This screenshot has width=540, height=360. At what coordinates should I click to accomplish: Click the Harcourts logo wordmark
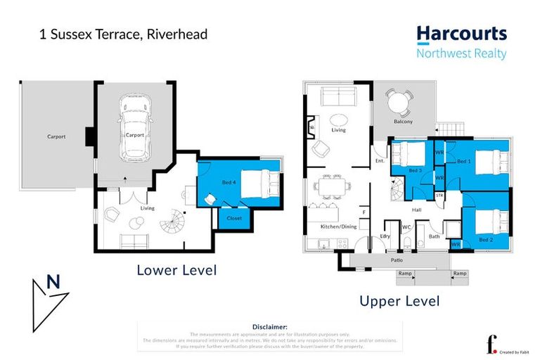461,34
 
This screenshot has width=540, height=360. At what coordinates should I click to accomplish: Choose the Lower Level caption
176,269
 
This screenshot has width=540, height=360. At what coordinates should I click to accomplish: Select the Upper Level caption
400,301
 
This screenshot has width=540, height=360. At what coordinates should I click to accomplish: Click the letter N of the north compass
52,282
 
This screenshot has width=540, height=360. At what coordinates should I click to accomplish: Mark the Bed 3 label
414,170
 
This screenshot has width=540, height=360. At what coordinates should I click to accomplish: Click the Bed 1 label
463,162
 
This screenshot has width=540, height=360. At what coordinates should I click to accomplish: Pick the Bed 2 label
486,240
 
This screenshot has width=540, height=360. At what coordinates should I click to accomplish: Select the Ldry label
385,236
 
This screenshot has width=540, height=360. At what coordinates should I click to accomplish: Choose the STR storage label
439,195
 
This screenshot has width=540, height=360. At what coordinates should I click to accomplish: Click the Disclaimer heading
270,327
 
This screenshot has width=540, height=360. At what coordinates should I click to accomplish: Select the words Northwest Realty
461,54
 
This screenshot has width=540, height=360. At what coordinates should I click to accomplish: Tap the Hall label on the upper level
416,209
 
